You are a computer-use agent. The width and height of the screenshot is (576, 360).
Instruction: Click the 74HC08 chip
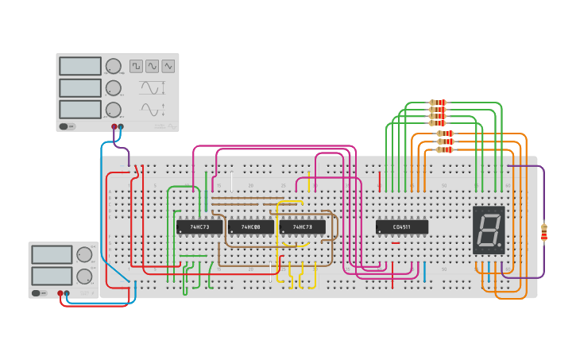250,227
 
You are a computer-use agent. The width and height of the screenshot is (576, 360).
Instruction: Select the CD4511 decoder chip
401,227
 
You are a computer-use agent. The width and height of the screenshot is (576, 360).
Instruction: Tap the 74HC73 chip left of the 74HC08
199,227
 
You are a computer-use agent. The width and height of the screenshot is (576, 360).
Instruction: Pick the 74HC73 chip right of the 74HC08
302,227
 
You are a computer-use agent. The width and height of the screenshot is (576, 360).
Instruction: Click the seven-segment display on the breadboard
489,230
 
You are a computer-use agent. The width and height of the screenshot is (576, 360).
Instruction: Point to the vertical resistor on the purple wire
544,232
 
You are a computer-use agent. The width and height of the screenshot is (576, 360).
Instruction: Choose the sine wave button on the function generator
152,66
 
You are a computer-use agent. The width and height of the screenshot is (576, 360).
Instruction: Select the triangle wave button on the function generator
168,66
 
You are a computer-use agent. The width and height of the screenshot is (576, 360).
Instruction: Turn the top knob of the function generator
114,66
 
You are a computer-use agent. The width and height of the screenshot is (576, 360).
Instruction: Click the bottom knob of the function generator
114,110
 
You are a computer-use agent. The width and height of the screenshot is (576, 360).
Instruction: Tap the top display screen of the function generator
80,66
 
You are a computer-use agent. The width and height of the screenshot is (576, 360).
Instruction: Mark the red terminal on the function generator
114,126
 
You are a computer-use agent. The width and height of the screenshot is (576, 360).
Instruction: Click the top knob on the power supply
84,254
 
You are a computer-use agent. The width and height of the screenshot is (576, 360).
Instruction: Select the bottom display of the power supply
52,276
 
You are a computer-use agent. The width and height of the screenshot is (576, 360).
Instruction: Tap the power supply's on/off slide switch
38,293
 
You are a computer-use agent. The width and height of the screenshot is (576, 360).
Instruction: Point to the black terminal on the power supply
67,293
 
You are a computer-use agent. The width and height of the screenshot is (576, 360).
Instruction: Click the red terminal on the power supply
60,293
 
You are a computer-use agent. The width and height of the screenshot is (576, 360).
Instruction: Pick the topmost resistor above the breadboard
438,103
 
